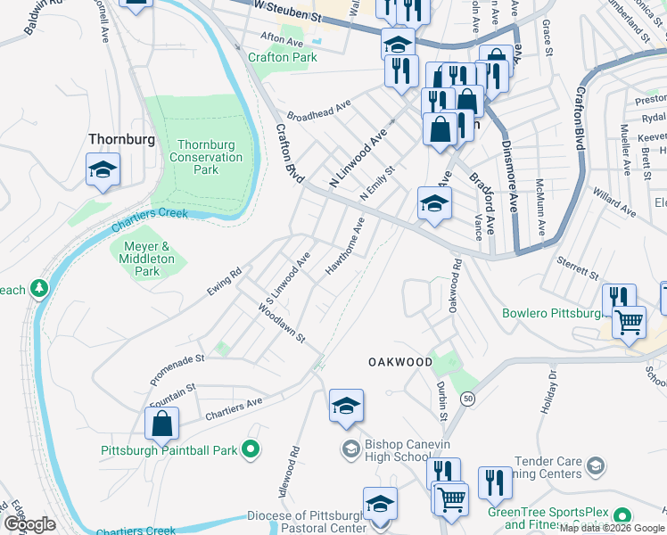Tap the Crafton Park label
pos(284,57)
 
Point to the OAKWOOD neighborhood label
pos(400,362)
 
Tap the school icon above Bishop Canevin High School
pos(346,406)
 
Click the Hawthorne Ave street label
pos(345,245)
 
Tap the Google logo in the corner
pos(30,524)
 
